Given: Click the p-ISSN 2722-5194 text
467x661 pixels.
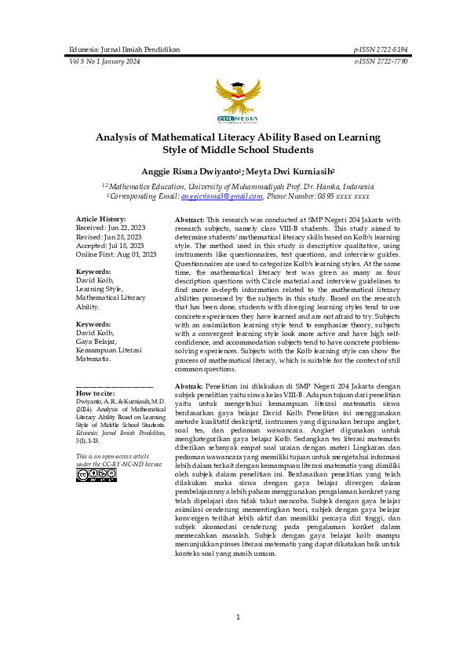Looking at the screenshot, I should tap(381, 49).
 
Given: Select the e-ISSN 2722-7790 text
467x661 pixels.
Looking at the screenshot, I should tap(381, 61).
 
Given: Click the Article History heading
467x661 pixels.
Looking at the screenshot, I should tap(100, 219).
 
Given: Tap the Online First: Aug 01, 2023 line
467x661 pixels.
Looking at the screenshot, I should tap(116, 254).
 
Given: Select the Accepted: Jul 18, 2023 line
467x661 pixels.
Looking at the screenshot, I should tap(108, 246).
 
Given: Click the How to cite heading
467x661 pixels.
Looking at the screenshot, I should tap(95, 393).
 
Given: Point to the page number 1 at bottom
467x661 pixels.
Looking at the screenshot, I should tap(238, 617).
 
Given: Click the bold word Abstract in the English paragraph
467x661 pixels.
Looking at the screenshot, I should tap(189, 220).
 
